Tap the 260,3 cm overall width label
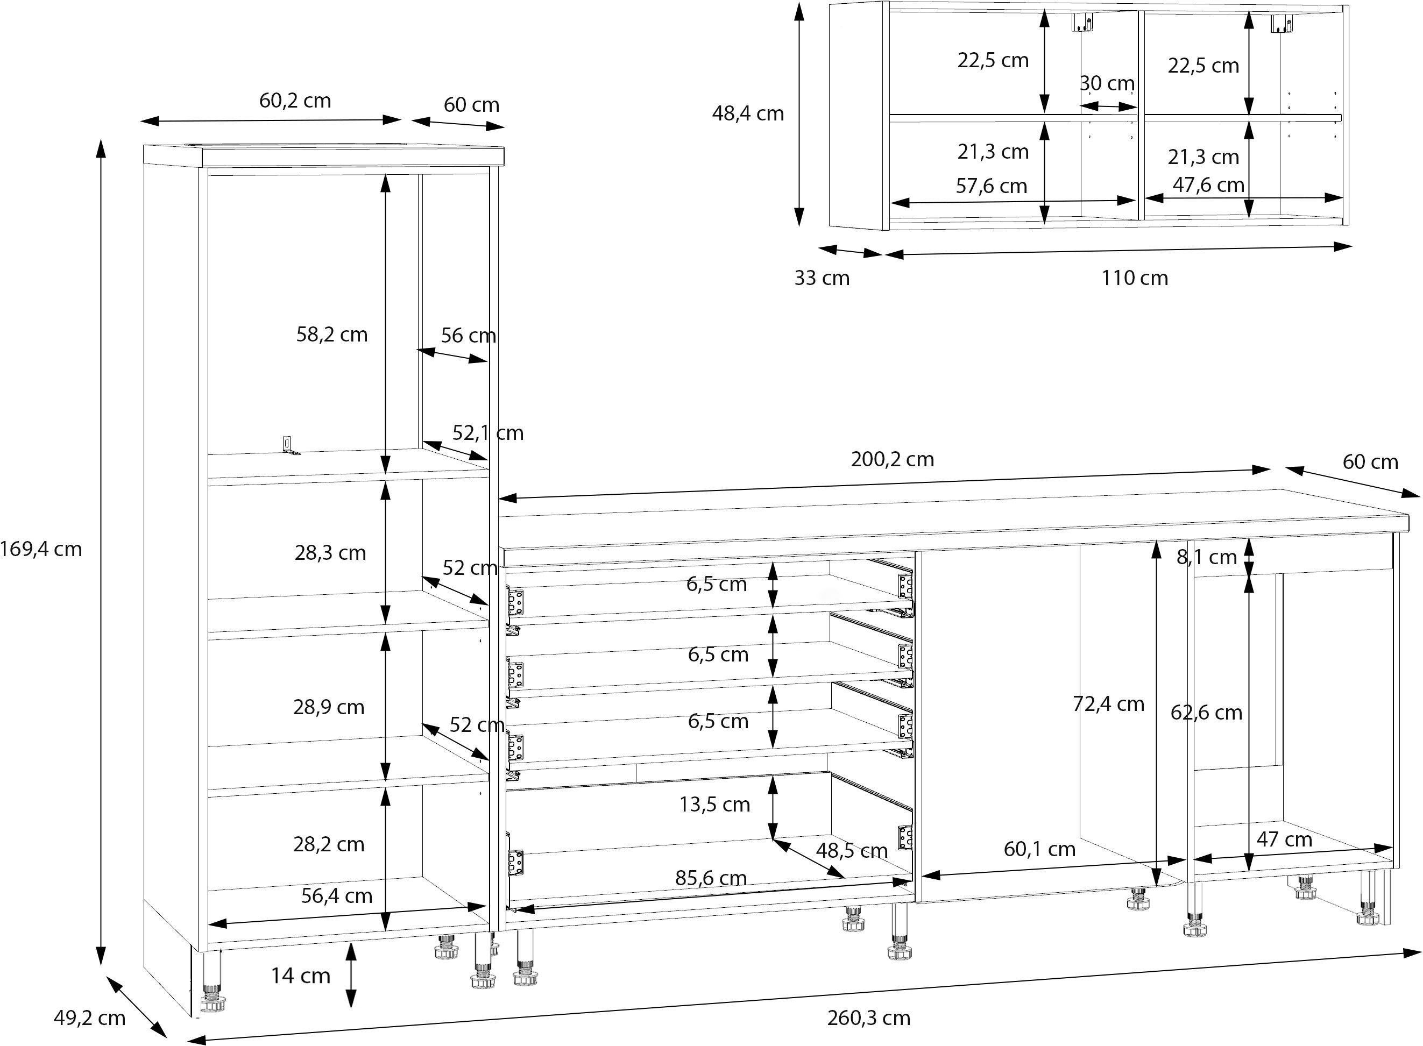(868, 1018)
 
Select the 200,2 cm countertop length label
(893, 459)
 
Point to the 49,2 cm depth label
(89, 1018)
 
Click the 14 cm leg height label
(301, 976)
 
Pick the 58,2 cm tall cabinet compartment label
(332, 335)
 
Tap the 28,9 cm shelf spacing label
(329, 707)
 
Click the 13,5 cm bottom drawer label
(714, 805)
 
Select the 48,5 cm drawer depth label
(851, 851)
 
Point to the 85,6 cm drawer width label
(711, 878)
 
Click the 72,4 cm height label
(1108, 704)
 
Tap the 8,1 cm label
(1206, 557)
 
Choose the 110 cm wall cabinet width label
(1135, 278)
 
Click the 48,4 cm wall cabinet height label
(748, 114)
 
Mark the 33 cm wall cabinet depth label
(822, 278)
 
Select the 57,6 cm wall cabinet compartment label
(991, 186)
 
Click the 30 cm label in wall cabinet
(1107, 83)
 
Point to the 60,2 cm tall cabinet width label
(295, 101)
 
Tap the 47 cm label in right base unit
(1284, 839)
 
